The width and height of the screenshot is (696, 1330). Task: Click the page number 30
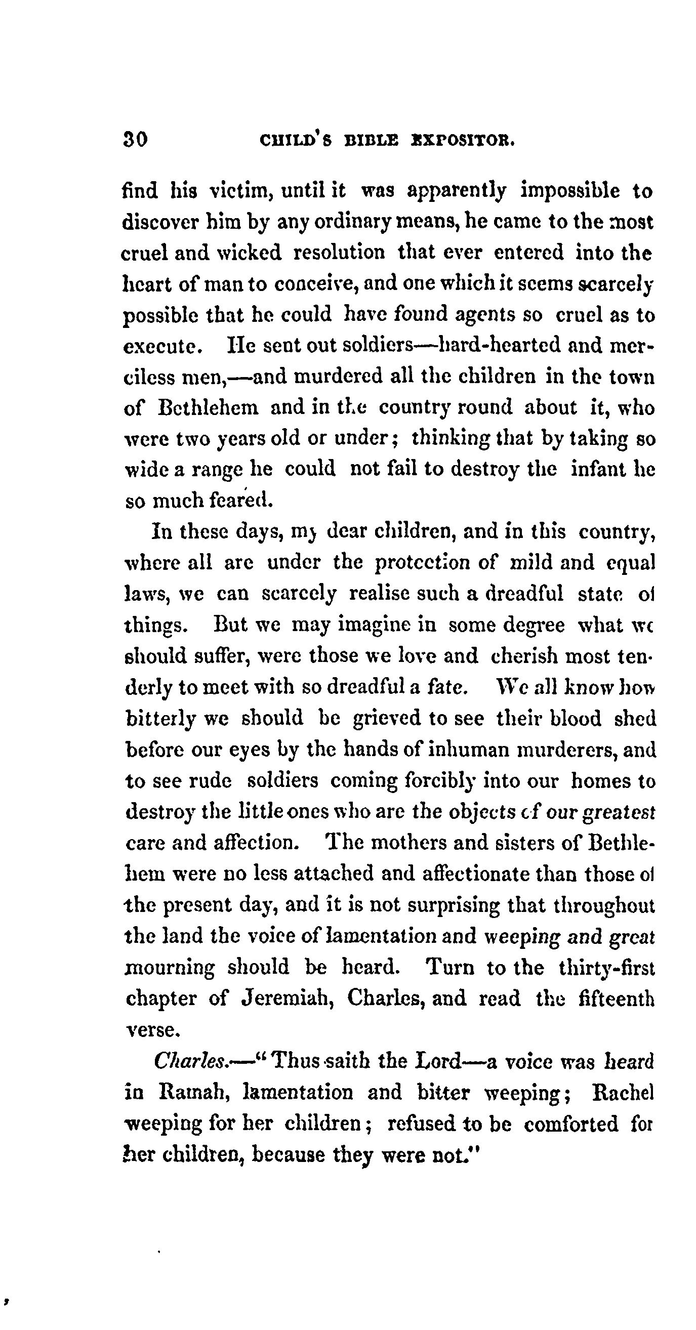pos(135,140)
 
